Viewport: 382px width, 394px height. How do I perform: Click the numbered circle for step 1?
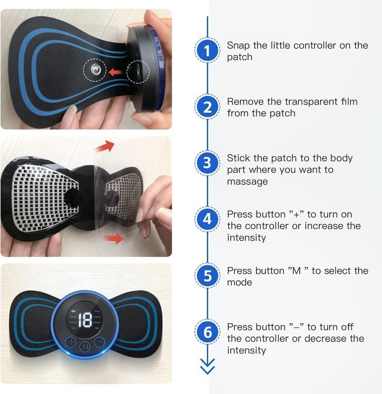pos(207,51)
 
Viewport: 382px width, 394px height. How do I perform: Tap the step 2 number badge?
pos(207,107)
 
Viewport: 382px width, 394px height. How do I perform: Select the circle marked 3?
pos(207,164)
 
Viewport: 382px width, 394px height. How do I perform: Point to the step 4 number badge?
pos(207,220)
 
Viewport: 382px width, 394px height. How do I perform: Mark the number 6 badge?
pos(207,332)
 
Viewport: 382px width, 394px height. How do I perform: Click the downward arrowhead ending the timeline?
pos(207,366)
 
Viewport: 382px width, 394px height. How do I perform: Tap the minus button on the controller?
pos(100,342)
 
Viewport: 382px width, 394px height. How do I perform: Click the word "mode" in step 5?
pos(239,283)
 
